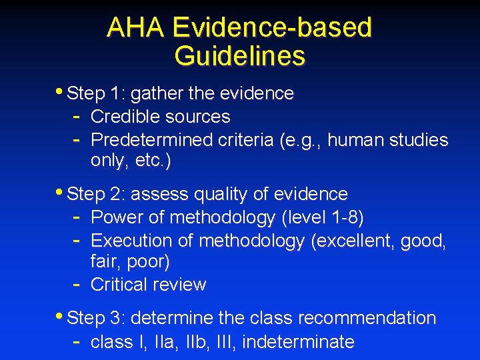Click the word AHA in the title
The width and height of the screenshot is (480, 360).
135,27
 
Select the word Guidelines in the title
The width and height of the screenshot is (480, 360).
239,55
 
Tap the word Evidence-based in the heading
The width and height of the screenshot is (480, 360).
271,27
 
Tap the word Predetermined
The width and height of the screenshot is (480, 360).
152,140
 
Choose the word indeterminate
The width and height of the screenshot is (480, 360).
298,342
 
